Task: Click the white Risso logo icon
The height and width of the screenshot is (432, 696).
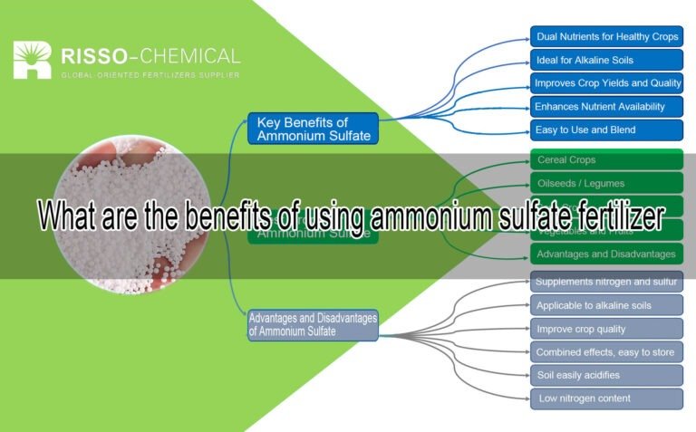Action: point(32,60)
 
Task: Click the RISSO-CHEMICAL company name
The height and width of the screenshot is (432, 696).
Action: point(150,56)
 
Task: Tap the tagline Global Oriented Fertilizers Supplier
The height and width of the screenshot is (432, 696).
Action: point(150,75)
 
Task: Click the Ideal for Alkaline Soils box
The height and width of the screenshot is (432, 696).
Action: point(606,61)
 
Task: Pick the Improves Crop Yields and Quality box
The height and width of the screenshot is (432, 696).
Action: point(606,83)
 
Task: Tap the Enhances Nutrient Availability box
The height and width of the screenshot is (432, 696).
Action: point(606,106)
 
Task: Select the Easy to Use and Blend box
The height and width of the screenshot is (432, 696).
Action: point(606,130)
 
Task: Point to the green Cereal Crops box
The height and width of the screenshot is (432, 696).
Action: point(606,160)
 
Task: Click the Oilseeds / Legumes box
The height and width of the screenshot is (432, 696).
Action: point(606,184)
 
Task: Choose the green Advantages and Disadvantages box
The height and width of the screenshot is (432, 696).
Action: point(606,254)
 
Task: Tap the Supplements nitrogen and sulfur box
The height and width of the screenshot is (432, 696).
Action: point(606,282)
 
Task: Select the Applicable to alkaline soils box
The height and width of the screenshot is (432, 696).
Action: point(606,305)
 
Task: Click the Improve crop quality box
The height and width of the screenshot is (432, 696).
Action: point(606,329)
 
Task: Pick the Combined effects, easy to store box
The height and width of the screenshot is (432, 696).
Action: point(606,352)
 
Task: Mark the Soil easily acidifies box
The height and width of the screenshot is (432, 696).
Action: point(606,375)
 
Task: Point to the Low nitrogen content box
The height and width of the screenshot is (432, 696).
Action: point(606,398)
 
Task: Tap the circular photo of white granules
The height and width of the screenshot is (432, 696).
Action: point(131,217)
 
